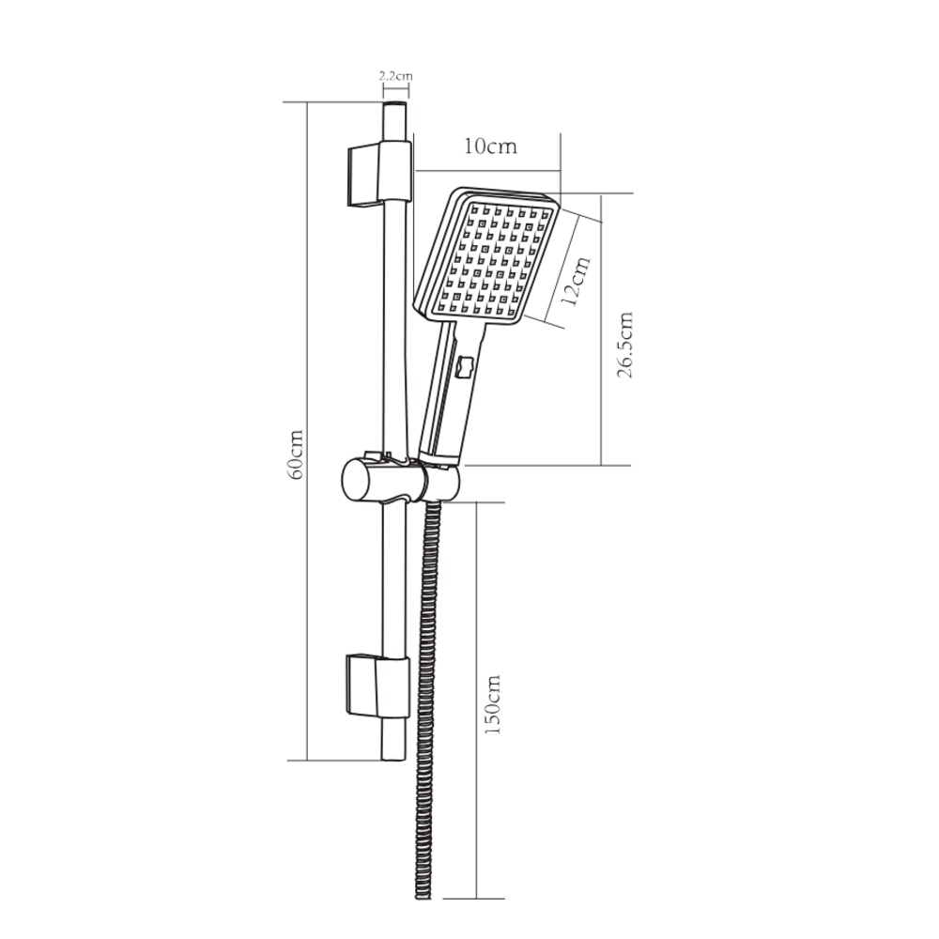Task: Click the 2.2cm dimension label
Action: pos(396,76)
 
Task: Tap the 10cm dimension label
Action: pos(490,146)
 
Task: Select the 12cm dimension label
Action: pos(577,281)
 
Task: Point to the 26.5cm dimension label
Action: pos(623,345)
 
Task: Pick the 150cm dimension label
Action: pos(492,704)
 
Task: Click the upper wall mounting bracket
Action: pos(378,174)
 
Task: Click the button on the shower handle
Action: pos(466,368)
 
